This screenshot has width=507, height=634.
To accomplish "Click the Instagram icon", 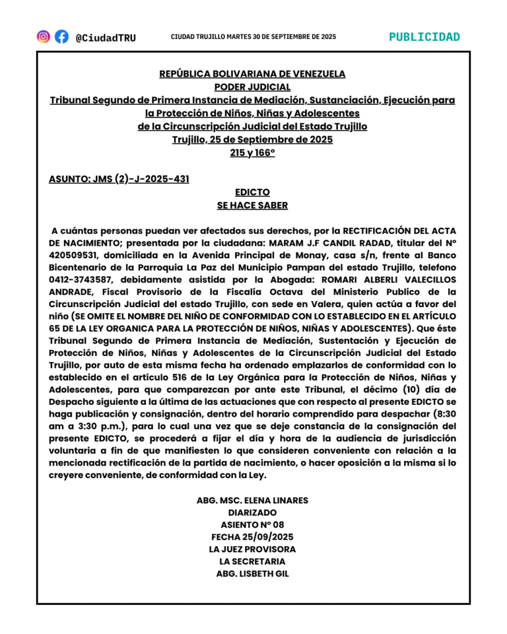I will [x=43, y=37].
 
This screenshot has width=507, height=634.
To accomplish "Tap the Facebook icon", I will [x=61, y=37].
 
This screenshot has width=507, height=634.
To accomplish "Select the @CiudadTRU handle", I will [x=106, y=38].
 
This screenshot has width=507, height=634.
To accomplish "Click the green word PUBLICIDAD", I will [x=424, y=37].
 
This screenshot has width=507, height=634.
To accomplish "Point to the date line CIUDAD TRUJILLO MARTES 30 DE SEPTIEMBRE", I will [x=253, y=37].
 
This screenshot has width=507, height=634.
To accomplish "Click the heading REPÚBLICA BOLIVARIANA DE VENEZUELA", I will [x=253, y=74].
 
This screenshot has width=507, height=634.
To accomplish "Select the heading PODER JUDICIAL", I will [x=253, y=87].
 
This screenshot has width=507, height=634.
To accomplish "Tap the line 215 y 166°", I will [x=253, y=153].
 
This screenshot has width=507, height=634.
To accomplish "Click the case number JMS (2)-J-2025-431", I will [x=119, y=180].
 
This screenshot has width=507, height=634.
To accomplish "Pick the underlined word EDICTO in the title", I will [x=253, y=193].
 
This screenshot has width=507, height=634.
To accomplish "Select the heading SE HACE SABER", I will [x=253, y=206].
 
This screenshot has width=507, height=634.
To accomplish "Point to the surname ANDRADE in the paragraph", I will [x=72, y=292].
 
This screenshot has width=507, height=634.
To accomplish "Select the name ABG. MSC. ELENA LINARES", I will [x=253, y=500].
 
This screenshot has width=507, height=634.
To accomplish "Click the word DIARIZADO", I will [x=253, y=513].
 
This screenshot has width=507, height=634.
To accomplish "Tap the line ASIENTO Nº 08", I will [x=253, y=525].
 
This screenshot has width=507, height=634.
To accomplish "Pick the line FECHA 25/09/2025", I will [x=253, y=537].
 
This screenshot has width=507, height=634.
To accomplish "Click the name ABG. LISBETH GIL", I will [x=253, y=573].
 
